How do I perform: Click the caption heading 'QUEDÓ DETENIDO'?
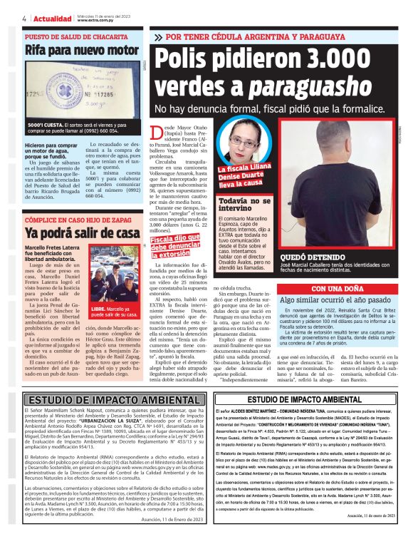click(x=308, y=254)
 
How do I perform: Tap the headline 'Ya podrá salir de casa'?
click(x=72, y=233)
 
